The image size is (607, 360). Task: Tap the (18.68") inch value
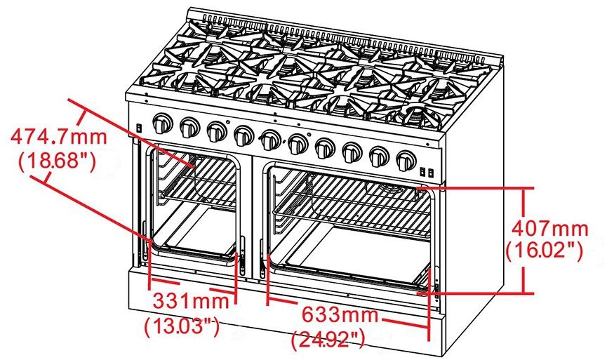click(55, 161)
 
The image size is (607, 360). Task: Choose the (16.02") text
click(544, 250)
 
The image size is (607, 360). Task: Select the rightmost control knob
click(404, 161)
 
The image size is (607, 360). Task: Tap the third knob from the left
click(215, 131)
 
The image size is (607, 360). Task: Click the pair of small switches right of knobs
click(425, 171)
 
